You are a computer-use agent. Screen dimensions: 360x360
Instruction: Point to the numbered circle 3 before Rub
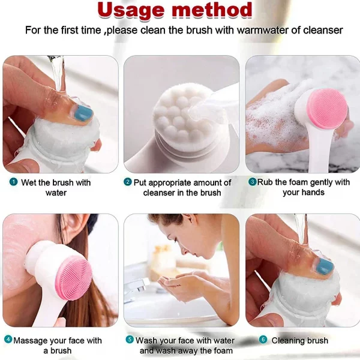pyautogui.click(x=252, y=182)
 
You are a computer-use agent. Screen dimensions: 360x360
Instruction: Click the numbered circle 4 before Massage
pyautogui.click(x=8, y=340)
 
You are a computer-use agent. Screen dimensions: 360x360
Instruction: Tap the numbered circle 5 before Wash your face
pyautogui.click(x=130, y=340)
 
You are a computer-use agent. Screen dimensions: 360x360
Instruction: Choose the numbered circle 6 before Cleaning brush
pyautogui.click(x=263, y=340)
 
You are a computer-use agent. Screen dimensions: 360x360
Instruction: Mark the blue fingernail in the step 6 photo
pyautogui.click(x=324, y=265)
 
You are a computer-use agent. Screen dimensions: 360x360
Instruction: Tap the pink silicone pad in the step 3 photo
pyautogui.click(x=327, y=109)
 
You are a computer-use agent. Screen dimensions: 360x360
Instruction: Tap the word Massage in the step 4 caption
pyautogui.click(x=33, y=340)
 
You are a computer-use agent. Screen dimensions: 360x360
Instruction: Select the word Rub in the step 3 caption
pyautogui.click(x=266, y=182)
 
